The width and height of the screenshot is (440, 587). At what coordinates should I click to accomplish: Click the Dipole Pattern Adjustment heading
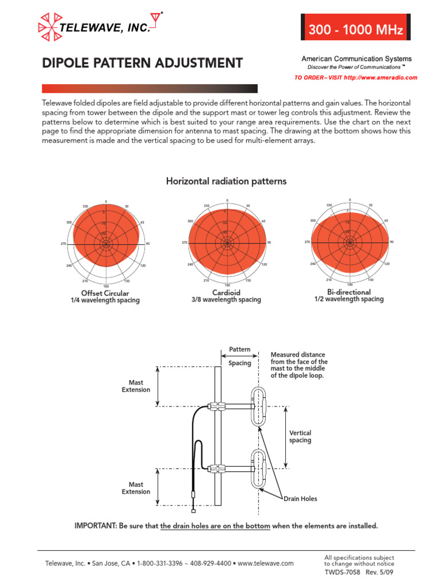click(x=143, y=63)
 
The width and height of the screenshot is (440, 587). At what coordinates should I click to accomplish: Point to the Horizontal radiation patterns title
click(x=226, y=181)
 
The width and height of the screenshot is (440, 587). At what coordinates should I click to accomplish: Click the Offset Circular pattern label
click(x=105, y=293)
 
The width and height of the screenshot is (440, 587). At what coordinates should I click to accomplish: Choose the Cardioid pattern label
click(x=226, y=292)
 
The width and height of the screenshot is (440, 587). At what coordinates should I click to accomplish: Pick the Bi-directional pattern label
click(x=349, y=292)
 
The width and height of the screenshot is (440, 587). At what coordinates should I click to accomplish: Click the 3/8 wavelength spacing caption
click(x=226, y=300)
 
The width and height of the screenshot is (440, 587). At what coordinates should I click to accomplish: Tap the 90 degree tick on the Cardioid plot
click(x=269, y=243)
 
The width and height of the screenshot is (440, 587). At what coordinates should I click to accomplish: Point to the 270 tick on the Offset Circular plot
click(x=64, y=244)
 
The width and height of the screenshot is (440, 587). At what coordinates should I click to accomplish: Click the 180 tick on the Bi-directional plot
click(x=349, y=284)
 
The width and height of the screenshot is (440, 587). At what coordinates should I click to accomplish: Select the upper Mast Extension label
click(x=136, y=386)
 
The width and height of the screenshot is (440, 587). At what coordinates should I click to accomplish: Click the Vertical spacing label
click(x=300, y=437)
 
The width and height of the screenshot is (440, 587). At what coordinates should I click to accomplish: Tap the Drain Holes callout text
click(x=300, y=499)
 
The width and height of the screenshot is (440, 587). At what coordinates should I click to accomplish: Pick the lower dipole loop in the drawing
click(x=259, y=468)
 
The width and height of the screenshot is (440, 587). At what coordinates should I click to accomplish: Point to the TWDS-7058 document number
click(x=343, y=572)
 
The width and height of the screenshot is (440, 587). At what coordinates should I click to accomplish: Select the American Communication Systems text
click(x=356, y=59)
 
